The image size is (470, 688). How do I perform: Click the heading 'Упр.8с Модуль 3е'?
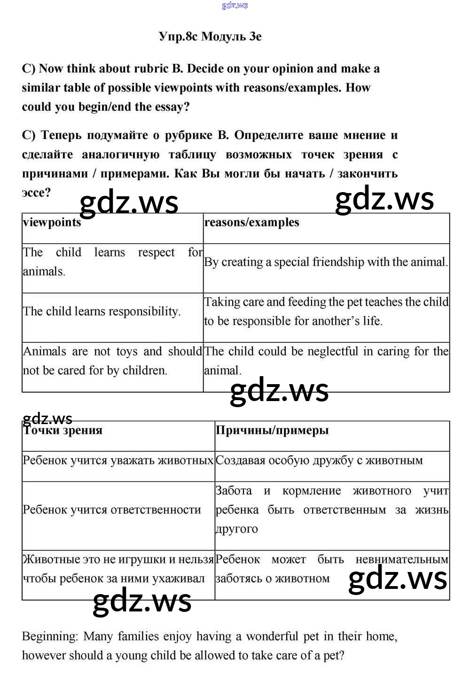point(210,37)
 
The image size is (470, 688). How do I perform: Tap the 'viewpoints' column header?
point(52,222)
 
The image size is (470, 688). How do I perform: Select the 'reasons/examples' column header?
point(251,222)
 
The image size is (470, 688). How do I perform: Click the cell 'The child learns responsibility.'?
point(102,311)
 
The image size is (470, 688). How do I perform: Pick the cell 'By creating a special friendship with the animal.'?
point(326,262)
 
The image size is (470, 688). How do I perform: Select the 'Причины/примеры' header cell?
point(272,430)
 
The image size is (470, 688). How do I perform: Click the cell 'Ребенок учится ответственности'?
point(112,510)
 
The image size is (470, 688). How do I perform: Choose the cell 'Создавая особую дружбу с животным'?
point(319,461)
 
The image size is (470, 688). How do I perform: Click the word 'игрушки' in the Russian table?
point(140,559)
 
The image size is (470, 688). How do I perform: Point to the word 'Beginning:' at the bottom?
point(50,637)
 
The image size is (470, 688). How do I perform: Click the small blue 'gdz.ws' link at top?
point(235,5)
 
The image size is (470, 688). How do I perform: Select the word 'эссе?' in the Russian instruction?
point(36,193)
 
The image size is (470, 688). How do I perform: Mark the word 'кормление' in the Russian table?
point(312,491)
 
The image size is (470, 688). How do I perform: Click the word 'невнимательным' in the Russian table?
point(402,560)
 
